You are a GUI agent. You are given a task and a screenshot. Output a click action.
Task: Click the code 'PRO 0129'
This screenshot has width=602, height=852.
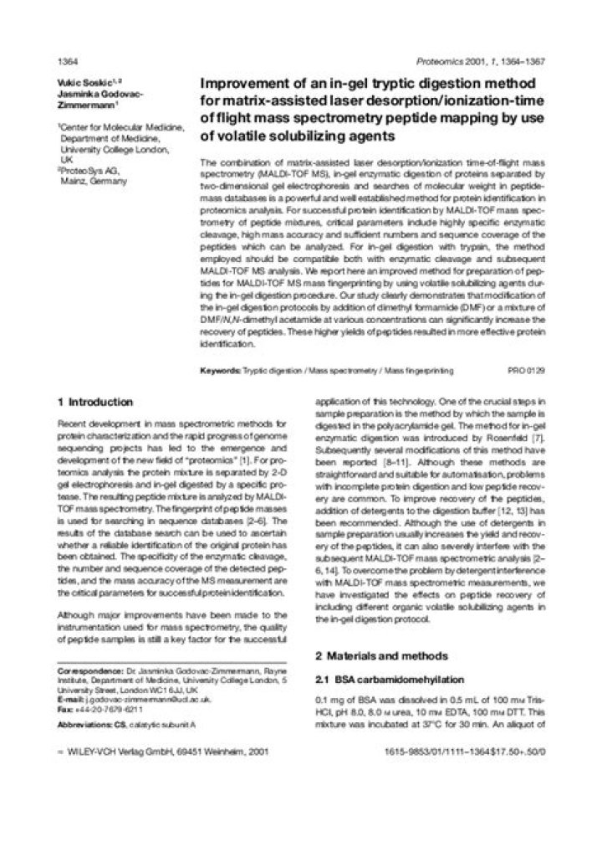[526, 368]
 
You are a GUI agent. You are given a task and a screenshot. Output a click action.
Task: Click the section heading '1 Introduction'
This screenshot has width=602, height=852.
[94, 402]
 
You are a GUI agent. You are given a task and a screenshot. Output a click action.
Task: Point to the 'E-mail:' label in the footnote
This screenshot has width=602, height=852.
[69, 698]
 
